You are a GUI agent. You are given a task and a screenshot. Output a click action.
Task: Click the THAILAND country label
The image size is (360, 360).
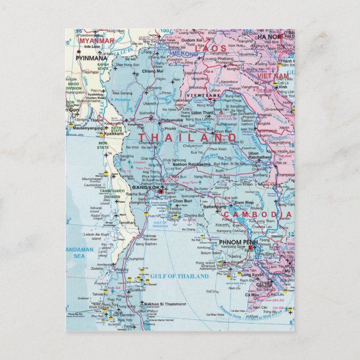(179, 138)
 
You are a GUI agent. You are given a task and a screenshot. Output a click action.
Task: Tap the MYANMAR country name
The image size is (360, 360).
(96, 41)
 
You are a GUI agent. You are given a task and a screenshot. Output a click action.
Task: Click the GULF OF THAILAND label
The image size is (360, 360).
(179, 276)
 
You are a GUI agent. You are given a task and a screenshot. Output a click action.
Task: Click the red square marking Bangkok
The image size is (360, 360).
(160, 192)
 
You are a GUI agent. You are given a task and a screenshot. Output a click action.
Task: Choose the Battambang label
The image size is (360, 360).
(214, 207)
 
